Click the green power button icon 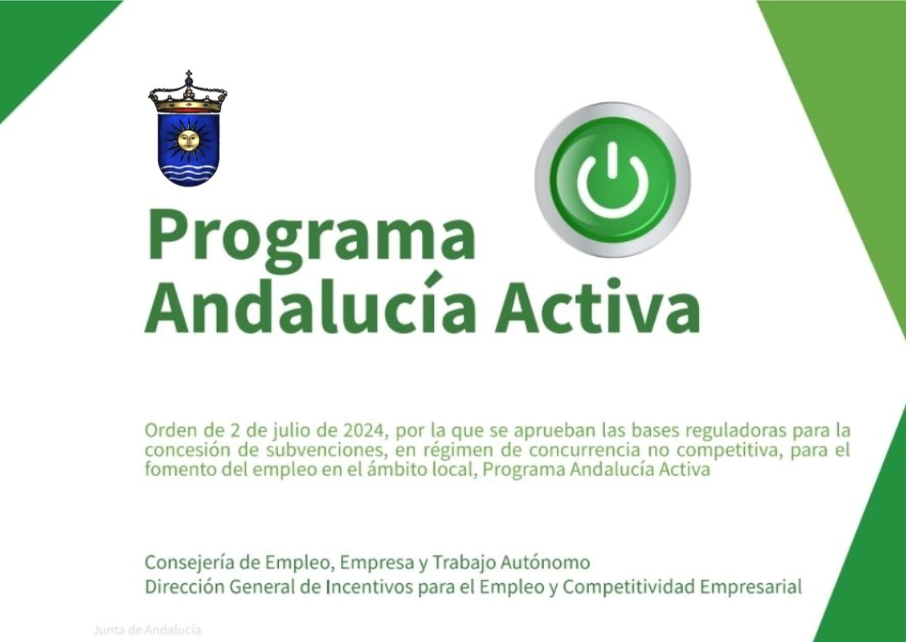pos(612,179)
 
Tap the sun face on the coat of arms pos(189,140)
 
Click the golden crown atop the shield pos(188,99)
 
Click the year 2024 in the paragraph pos(363,430)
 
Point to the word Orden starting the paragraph pos(168,430)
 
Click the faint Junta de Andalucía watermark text pos(146,630)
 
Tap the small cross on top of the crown pos(188,75)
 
